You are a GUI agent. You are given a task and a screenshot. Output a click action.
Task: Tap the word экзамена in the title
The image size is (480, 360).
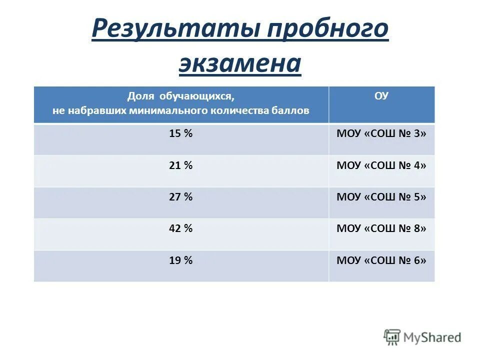pos(240,63)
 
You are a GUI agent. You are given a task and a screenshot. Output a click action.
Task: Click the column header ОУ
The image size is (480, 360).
pos(381,96)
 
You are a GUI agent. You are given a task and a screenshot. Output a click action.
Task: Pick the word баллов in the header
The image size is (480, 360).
pos(293,110)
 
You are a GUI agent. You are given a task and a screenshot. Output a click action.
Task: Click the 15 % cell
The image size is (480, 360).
pos(181,134)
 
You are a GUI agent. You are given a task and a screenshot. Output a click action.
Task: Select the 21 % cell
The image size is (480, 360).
pos(181,165)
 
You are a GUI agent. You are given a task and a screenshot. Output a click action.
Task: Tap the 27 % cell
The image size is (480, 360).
pos(181,197)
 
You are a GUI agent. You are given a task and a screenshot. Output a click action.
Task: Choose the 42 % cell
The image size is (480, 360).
pos(181,228)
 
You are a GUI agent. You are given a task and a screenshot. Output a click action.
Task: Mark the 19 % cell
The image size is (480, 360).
pos(181,260)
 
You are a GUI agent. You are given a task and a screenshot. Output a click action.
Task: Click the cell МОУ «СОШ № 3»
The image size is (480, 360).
pos(381,134)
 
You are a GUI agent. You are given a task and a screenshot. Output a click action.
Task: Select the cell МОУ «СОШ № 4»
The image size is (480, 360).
pos(381,165)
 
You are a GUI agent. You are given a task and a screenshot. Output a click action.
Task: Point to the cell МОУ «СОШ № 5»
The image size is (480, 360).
pos(381,197)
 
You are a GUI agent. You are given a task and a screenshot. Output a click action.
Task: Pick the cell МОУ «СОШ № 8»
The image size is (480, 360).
pos(381,228)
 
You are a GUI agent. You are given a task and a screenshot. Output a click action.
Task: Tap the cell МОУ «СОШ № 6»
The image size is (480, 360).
pos(381,260)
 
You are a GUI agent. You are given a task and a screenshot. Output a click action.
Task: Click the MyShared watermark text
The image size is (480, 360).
pos(432,337)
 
